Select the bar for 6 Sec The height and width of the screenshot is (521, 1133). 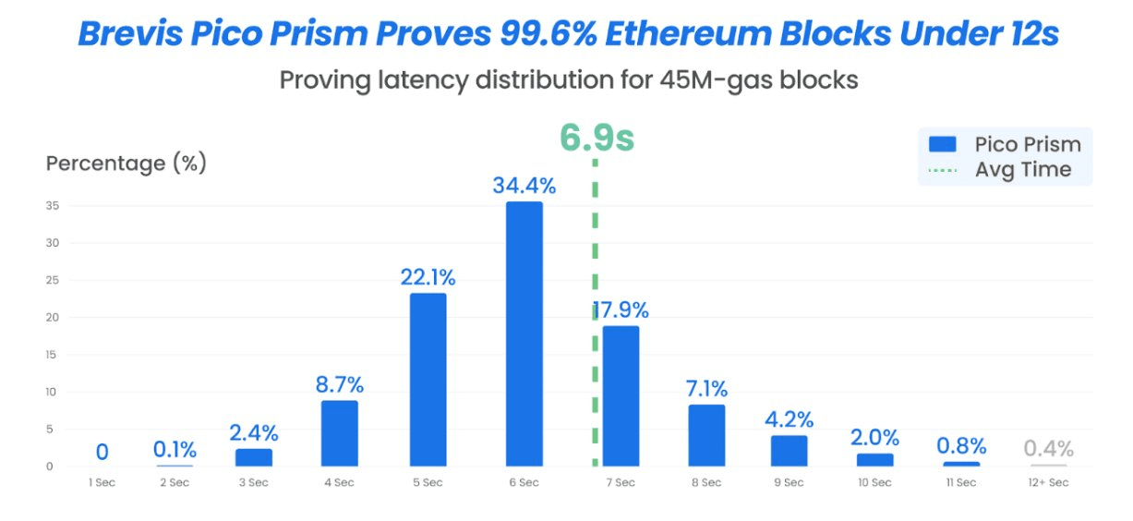tap(524, 334)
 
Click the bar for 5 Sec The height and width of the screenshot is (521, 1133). tap(428, 380)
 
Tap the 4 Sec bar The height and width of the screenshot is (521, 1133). tap(339, 433)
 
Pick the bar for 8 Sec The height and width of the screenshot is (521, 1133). tap(706, 435)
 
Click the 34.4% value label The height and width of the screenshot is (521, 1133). tap(524, 186)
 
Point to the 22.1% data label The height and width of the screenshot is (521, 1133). tap(428, 277)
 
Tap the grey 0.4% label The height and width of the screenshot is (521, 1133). tap(1048, 449)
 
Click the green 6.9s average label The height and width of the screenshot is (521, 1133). tap(597, 139)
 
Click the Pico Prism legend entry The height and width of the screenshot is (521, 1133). tap(1006, 144)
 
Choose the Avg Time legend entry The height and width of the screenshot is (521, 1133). tap(1006, 170)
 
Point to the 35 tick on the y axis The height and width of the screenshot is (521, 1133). tap(53, 206)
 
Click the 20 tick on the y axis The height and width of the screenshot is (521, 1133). tap(53, 318)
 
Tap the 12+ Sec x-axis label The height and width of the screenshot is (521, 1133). tap(1048, 483)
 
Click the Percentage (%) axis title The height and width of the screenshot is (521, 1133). tap(127, 164)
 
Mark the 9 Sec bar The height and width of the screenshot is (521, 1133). tap(789, 450)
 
